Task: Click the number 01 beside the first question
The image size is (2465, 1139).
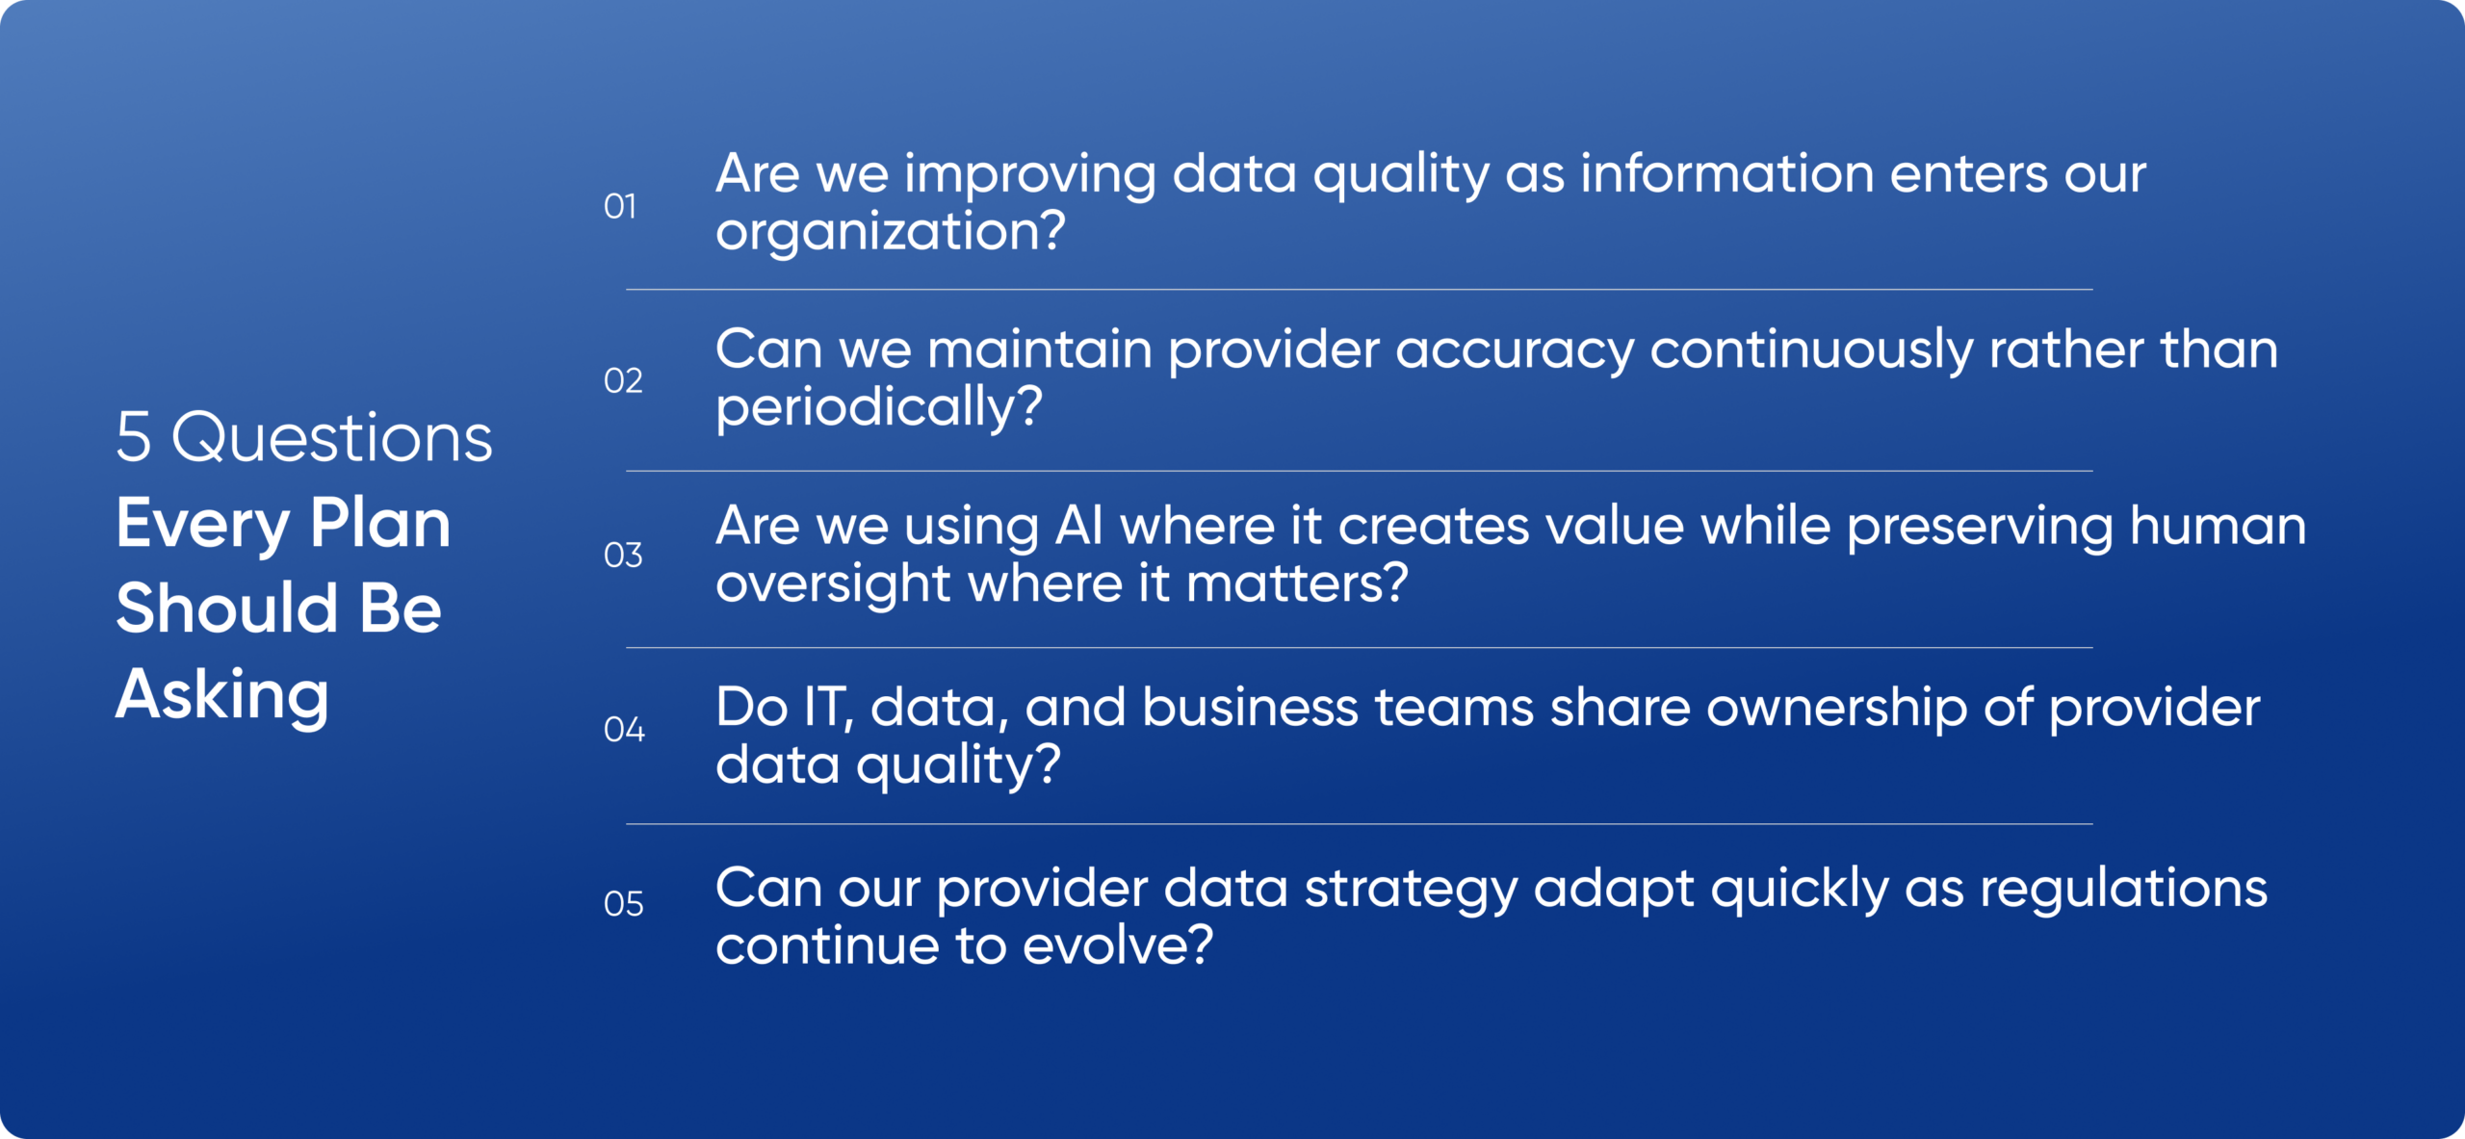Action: tap(620, 206)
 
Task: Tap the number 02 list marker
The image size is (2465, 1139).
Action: tap(623, 380)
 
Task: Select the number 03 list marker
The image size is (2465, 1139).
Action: tap(623, 555)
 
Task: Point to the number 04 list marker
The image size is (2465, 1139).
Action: tap(624, 729)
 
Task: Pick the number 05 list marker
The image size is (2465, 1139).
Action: tap(624, 903)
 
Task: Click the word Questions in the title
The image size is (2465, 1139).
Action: tap(332, 437)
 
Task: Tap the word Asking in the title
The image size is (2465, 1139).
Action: tap(222, 695)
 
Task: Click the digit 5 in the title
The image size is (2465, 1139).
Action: tap(134, 437)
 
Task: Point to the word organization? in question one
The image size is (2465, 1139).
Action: tap(891, 232)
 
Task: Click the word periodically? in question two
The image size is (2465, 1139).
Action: tap(879, 407)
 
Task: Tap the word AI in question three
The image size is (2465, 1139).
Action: tap(1079, 526)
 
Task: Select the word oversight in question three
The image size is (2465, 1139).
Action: tap(833, 584)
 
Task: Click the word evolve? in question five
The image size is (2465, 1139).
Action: tap(1118, 945)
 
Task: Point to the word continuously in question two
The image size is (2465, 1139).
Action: tap(1811, 350)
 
